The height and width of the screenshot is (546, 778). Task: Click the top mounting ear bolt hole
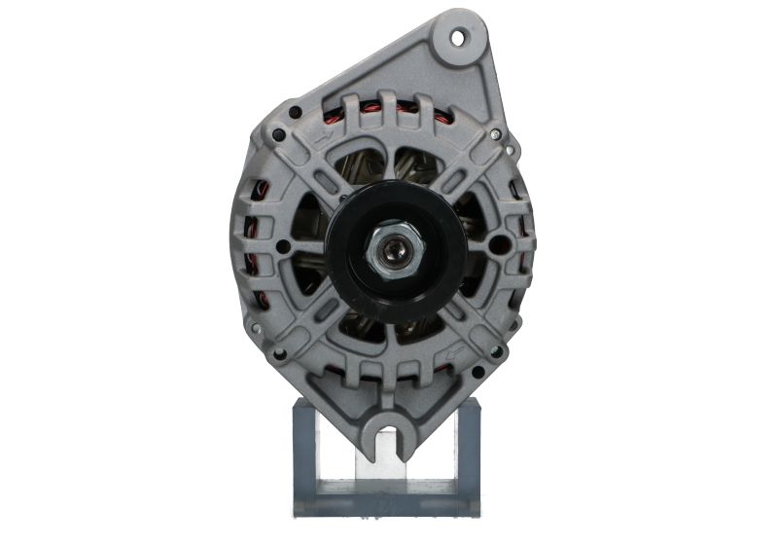click(x=459, y=37)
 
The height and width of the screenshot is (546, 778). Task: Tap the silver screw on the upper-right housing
click(x=495, y=134)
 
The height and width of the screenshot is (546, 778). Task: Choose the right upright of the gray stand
click(x=468, y=457)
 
